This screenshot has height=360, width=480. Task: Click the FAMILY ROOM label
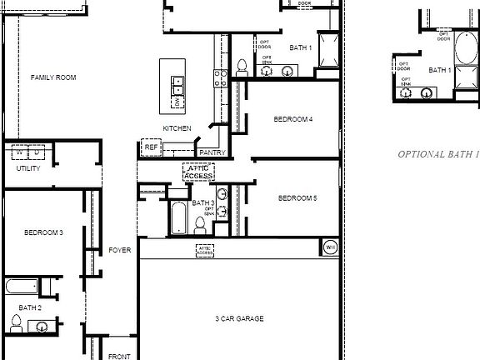click(x=53, y=77)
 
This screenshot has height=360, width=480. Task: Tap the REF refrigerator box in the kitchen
click(x=151, y=147)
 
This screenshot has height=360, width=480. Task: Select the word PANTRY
click(x=212, y=152)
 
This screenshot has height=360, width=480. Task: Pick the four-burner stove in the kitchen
click(x=222, y=78)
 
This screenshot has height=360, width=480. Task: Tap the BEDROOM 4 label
click(x=293, y=119)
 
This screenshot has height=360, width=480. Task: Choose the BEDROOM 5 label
click(x=297, y=198)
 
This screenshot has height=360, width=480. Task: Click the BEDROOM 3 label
click(x=43, y=232)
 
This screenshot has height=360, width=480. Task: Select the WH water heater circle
click(x=329, y=247)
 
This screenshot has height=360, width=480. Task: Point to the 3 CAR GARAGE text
click(x=239, y=318)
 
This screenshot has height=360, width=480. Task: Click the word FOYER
click(x=120, y=250)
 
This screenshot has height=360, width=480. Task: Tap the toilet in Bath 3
click(x=201, y=225)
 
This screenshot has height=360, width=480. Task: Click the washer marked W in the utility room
click(x=18, y=152)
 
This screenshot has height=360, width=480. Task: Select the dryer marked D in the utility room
click(x=38, y=152)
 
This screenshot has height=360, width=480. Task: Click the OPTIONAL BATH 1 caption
click(x=438, y=154)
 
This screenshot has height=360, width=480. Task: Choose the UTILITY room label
click(x=28, y=168)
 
